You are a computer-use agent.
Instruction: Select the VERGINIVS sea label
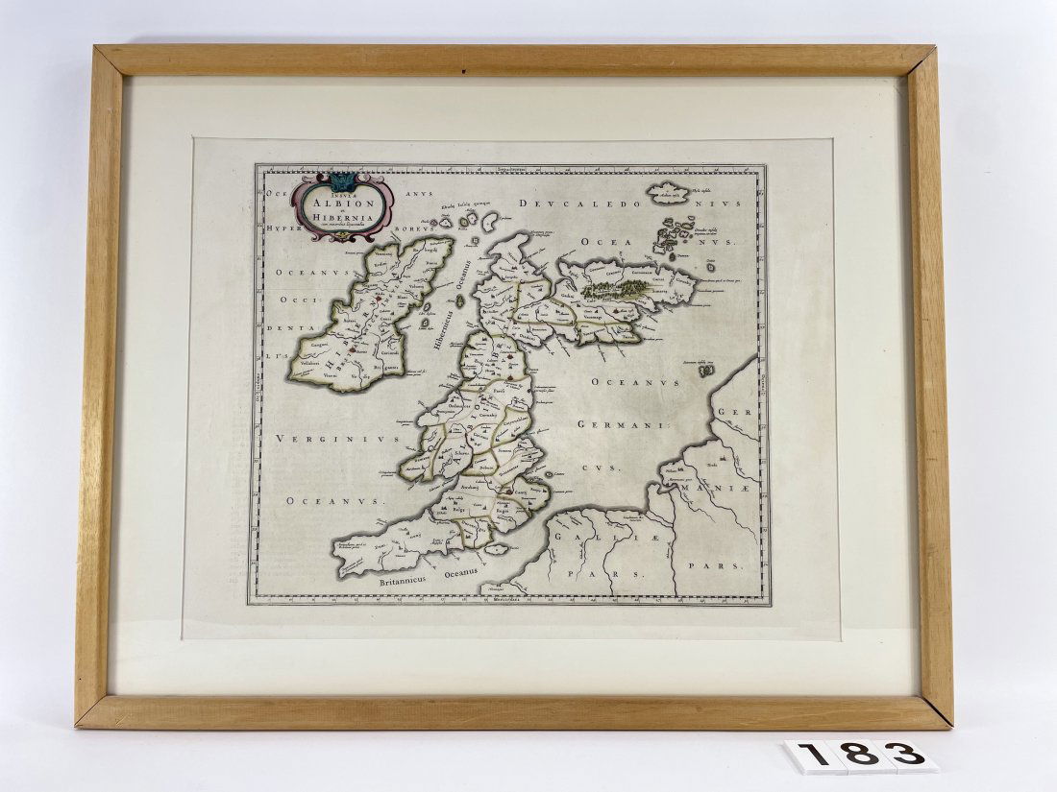click(x=322, y=439)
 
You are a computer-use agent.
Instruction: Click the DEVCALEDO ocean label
click(x=573, y=204)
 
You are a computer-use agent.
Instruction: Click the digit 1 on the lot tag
click(x=814, y=756)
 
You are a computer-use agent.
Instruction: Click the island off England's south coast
click(x=497, y=549)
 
